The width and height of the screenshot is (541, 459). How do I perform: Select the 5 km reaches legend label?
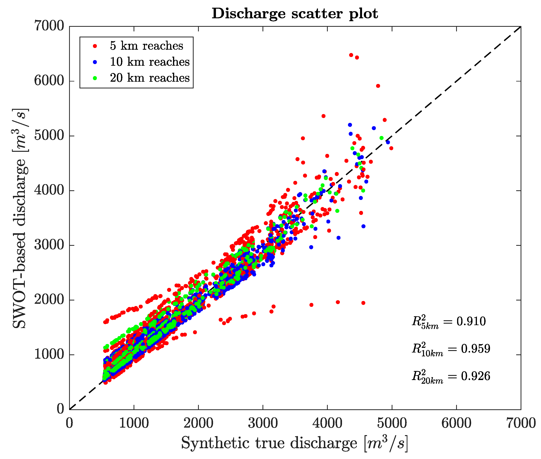pos(146,46)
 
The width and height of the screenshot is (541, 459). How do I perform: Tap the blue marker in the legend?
pos(95,62)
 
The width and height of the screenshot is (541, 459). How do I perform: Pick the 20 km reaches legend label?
pos(150,78)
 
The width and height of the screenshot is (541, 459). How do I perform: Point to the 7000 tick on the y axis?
pos(49,26)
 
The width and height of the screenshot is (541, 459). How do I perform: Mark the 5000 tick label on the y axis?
pos(49,136)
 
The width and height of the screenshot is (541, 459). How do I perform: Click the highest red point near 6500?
pos(351,55)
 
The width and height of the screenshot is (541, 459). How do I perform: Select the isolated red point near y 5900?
pos(378,86)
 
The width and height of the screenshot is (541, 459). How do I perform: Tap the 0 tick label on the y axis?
pos(60,409)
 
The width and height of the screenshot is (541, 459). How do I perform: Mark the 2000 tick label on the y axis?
pos(49,300)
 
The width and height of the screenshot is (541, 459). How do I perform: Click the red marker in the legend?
pos(95,46)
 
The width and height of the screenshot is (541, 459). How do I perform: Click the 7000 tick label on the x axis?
pos(520,423)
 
